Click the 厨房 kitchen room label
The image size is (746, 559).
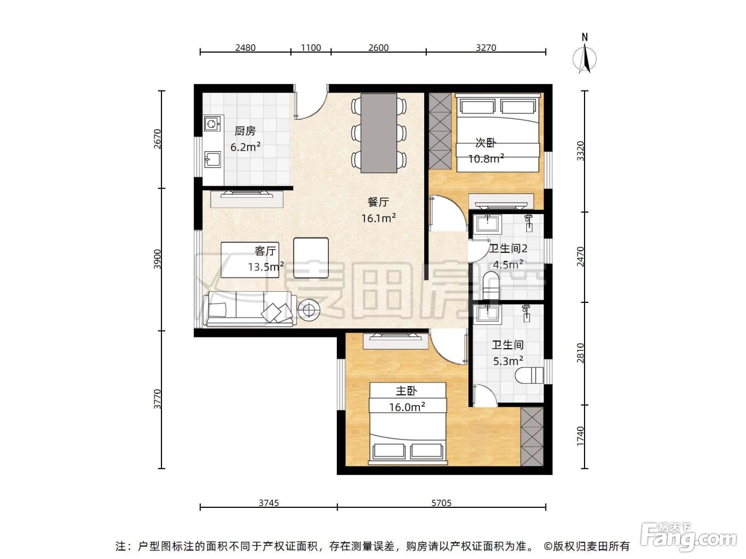point(245,130)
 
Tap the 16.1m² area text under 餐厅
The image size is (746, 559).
point(378,218)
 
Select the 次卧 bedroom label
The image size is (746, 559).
point(485,143)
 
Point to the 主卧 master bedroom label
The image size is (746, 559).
point(406,391)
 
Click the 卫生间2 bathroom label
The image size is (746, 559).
point(508,249)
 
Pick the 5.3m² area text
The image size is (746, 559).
point(508,361)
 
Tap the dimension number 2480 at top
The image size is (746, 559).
point(245,47)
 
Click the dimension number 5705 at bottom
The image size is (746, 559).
point(441,503)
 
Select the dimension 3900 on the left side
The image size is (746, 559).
point(157,259)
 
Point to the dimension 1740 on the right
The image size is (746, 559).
point(580,437)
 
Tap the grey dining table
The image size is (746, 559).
point(379,133)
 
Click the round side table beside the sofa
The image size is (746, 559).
point(309,309)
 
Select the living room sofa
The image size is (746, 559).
point(250,309)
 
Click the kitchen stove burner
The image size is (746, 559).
point(213,124)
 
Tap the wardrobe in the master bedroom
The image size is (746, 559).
point(532,437)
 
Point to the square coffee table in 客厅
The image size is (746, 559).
point(311,258)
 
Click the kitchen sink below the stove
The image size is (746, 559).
point(213,159)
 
